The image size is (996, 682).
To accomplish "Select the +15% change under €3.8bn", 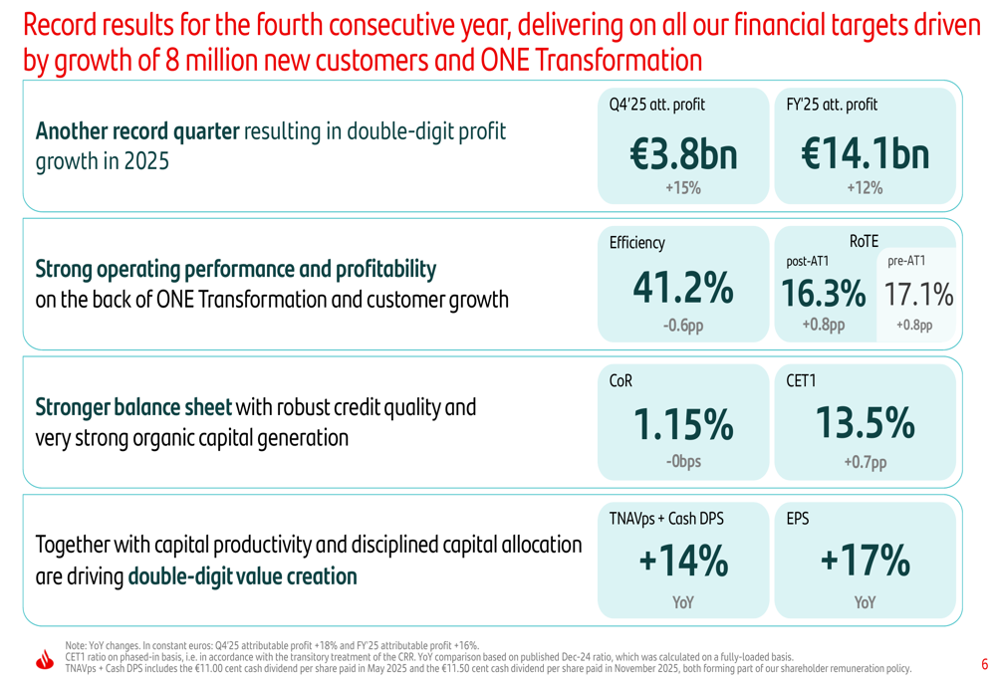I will [682, 188].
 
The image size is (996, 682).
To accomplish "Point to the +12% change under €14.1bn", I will [864, 188].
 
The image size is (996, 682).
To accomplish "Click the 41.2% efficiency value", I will [682, 289].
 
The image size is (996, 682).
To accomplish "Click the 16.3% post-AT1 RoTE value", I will [823, 294].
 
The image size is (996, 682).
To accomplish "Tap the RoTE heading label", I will [864, 240].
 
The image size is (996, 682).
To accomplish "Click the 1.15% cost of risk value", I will [682, 426].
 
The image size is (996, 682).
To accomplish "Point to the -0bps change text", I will [682, 462].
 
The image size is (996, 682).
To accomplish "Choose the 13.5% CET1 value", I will [864, 425].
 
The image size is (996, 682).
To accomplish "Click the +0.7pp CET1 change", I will [864, 462].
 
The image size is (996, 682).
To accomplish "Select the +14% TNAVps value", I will [682, 564].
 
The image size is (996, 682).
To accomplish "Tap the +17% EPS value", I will [864, 564].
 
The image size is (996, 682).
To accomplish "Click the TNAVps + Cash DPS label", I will [665, 519].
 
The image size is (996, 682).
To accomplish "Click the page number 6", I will [984, 664].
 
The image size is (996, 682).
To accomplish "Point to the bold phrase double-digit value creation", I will [242, 576].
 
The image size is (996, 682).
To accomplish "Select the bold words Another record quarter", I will [137, 131].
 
